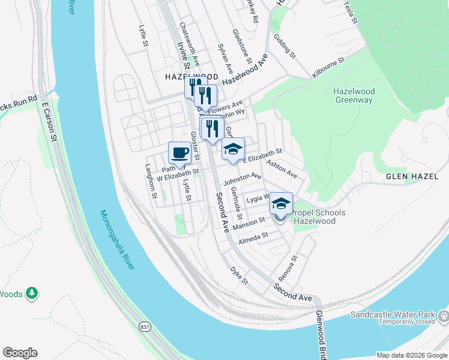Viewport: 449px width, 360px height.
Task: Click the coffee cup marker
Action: [180, 152]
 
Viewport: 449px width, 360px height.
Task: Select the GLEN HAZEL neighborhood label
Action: [413, 176]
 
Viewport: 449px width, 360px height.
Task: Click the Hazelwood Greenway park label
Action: [354, 95]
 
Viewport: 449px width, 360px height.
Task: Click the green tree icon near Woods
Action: [31, 293]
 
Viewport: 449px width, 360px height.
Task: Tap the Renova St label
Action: [289, 269]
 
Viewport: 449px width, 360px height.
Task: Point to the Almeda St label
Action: [253, 238]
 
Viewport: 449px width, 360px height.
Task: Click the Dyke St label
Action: [238, 276]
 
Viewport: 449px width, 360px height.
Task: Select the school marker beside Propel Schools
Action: [280, 202]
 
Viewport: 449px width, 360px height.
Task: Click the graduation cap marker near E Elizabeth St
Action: [233, 148]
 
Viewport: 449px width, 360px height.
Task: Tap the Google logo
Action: [20, 353]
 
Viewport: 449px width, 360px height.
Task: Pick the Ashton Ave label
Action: [282, 169]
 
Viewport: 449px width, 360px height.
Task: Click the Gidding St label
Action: [284, 46]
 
